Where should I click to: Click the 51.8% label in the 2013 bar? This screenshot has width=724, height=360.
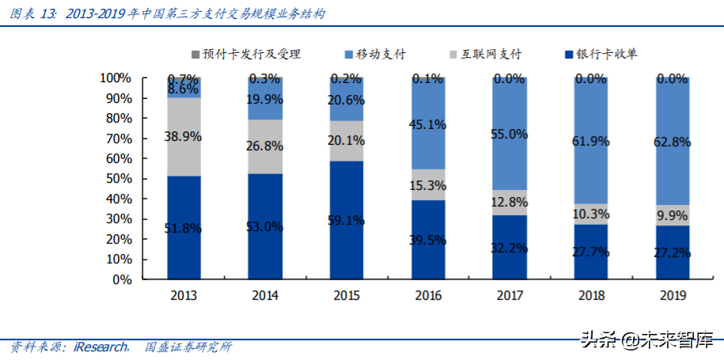[184, 229]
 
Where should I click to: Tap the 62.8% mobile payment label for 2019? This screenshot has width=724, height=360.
[671, 142]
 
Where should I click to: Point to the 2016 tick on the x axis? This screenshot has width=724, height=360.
[427, 296]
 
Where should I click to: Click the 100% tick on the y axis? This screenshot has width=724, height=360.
[116, 78]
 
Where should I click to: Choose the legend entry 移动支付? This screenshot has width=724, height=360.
[377, 55]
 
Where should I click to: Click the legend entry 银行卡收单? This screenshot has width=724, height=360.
[602, 55]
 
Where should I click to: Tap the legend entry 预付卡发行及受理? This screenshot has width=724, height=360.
[245, 55]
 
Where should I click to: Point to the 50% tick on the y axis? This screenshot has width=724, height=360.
[118, 179]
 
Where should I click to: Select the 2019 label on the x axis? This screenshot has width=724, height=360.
[671, 296]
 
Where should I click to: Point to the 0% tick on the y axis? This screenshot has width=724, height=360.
[121, 279]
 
